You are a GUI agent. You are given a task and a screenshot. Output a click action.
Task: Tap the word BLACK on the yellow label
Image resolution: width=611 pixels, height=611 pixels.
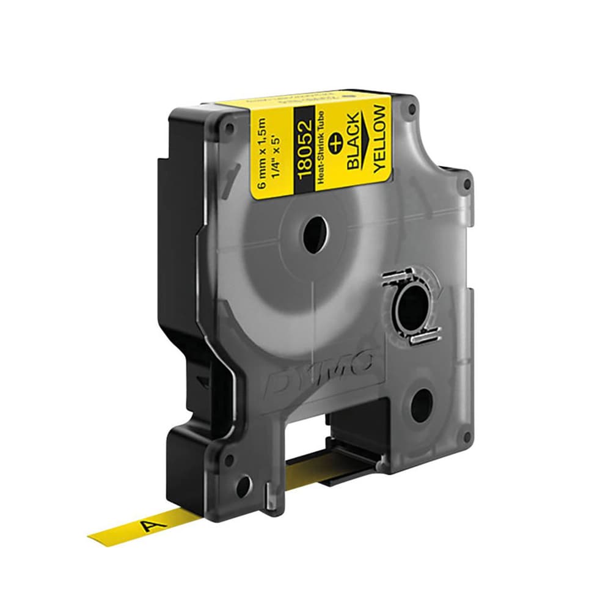[x=354, y=137]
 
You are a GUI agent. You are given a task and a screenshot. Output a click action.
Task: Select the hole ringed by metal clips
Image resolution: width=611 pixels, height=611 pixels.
[x=413, y=303]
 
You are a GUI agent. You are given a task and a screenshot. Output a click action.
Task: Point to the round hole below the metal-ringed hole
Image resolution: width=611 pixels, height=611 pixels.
[x=422, y=404]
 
